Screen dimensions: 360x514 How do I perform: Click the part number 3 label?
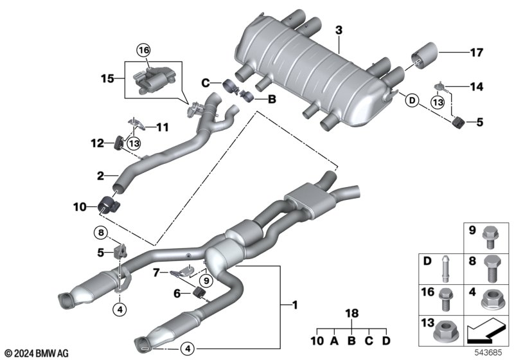pos(339,30)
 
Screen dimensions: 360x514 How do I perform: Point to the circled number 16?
pos(143,50)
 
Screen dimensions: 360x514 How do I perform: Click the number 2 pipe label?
pos(102,175)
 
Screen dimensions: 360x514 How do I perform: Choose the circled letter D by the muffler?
pos(411,100)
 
